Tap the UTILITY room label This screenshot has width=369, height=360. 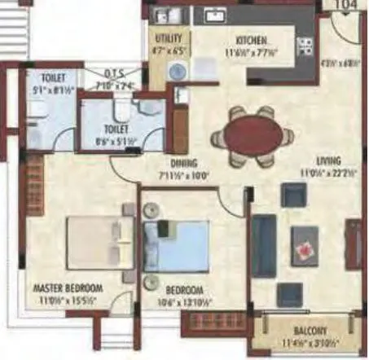tap(169, 39)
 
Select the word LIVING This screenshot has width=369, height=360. tap(329, 160)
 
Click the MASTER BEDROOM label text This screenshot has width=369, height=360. tap(68, 288)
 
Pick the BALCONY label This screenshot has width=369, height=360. tap(306, 331)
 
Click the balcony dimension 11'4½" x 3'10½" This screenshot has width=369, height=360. tap(306, 342)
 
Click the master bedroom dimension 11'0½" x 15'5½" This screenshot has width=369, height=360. tap(68, 300)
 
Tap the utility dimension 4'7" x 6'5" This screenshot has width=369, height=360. tap(169, 50)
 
